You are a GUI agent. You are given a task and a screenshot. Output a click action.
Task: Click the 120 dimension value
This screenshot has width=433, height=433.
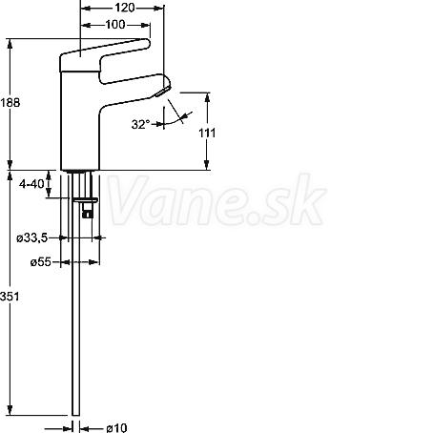[x=125, y=8]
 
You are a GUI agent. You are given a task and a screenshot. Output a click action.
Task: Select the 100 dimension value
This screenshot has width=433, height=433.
[x=115, y=25]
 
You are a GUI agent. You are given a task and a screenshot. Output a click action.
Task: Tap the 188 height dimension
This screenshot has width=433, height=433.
[x=10, y=102]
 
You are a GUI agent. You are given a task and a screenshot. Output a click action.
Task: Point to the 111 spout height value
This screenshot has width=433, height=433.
[x=207, y=133]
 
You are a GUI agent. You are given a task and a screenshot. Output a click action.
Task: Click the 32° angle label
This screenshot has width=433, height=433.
[x=140, y=124]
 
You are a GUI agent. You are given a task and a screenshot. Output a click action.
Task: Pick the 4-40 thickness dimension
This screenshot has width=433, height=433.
[x=31, y=183]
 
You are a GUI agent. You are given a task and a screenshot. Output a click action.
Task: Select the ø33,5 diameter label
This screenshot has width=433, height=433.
[x=32, y=237]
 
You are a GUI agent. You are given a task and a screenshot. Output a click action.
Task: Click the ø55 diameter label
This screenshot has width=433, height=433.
[x=41, y=262]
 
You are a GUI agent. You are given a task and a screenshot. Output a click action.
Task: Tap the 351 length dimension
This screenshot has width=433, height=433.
[x=10, y=297]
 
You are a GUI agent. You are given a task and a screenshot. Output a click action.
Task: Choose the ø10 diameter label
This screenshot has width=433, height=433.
[x=116, y=428]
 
